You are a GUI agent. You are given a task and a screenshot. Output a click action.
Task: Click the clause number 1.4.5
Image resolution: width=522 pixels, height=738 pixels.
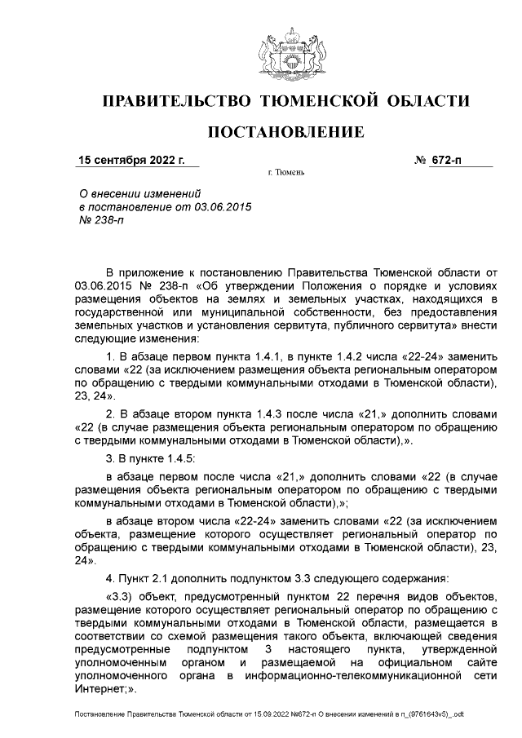[x=170, y=458]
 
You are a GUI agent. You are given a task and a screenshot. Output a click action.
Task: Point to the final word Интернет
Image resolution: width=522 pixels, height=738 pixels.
[x=98, y=689]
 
